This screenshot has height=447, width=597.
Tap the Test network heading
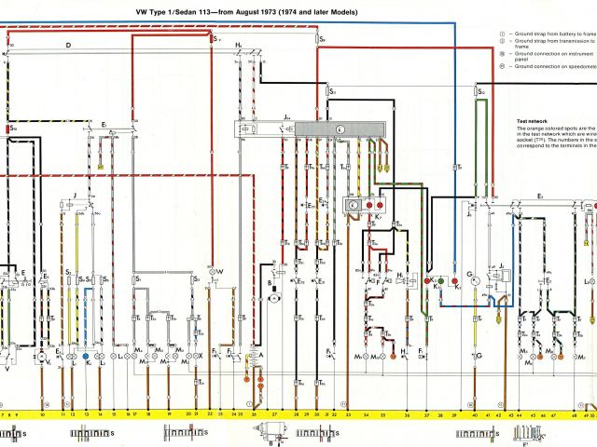(x=534, y=122)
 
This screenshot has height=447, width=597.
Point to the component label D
(x=68, y=45)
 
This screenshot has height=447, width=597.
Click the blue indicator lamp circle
(x=87, y=357)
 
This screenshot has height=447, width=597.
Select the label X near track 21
(x=200, y=357)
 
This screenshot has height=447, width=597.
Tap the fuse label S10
(x=12, y=126)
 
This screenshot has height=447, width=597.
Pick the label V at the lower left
(x=8, y=368)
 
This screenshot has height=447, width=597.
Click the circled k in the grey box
(x=340, y=129)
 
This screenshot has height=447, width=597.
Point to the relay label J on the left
(x=74, y=196)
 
